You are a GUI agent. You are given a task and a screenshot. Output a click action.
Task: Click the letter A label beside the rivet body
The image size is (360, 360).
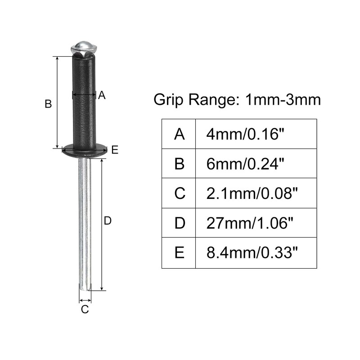(x=102, y=95)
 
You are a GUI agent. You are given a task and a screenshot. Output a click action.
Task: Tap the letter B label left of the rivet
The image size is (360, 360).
(x=48, y=104)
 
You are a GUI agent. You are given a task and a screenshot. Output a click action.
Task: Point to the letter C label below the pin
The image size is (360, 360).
(x=85, y=309)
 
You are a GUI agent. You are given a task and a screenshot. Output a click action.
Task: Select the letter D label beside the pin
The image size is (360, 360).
(x=108, y=220)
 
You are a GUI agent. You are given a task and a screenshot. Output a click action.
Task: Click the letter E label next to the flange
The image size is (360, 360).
(x=115, y=150)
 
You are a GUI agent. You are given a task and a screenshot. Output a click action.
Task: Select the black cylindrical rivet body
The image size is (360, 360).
(x=84, y=101)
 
